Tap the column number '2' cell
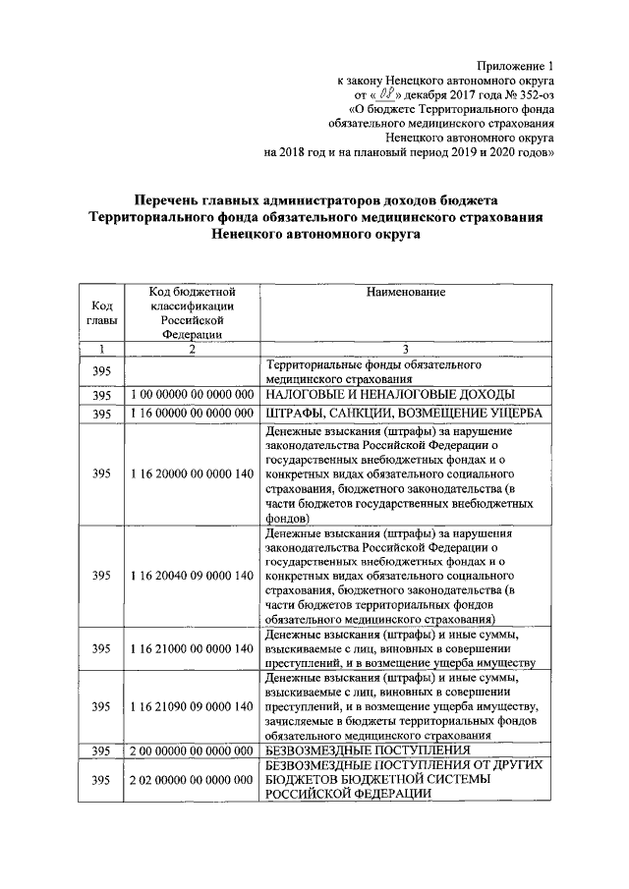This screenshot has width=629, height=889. (193, 349)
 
